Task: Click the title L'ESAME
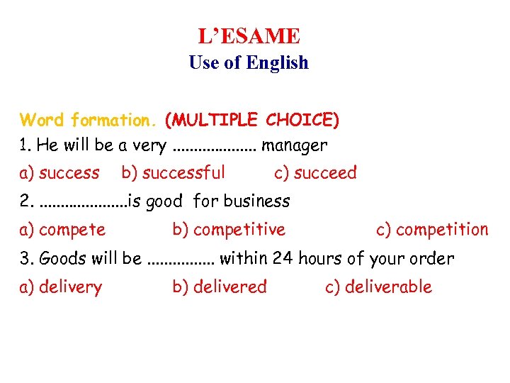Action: click(249, 35)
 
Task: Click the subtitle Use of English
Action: click(249, 62)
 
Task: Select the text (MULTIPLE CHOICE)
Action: click(251, 120)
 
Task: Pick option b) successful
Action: click(174, 172)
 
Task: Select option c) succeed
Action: click(315, 172)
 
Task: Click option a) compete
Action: click(63, 230)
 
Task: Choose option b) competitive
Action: click(229, 230)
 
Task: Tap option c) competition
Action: click(432, 230)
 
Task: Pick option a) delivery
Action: click(61, 287)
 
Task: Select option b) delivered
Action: click(220, 287)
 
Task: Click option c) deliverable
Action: click(378, 287)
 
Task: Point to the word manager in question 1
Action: click(295, 146)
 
